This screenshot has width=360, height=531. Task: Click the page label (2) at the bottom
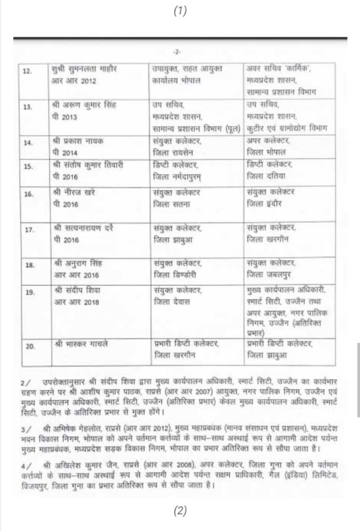[x=179, y=510]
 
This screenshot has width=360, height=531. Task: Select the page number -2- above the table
[x=179, y=52]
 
